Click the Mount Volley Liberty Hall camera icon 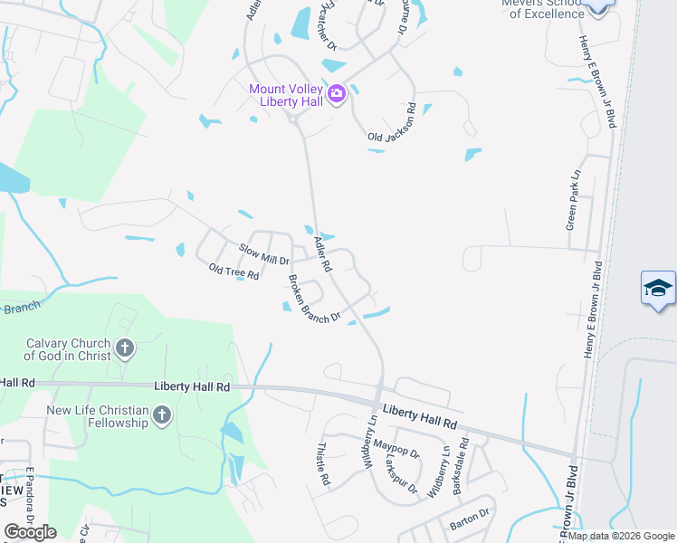click(x=337, y=93)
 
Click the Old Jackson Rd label click(x=392, y=122)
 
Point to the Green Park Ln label click(x=572, y=198)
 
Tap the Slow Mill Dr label click(x=262, y=252)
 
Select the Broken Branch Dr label click(x=314, y=299)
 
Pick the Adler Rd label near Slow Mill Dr click(x=322, y=254)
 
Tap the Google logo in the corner click(x=30, y=532)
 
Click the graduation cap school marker click(x=658, y=289)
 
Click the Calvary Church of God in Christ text click(x=68, y=349)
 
